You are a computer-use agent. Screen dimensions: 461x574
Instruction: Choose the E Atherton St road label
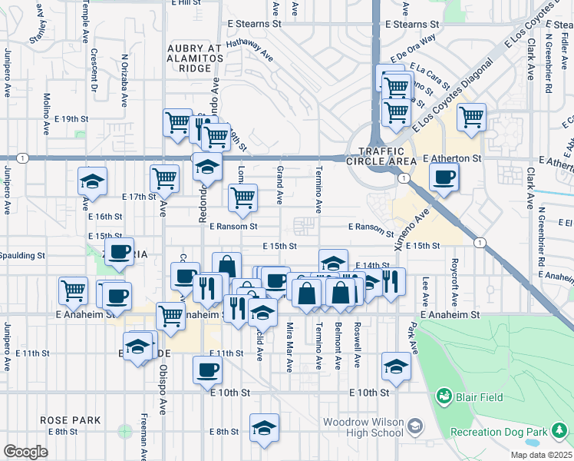[x=451, y=158]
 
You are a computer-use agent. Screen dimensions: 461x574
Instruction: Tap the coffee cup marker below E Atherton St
[x=444, y=179]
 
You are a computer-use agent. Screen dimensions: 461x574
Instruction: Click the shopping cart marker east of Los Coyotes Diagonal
[x=471, y=118]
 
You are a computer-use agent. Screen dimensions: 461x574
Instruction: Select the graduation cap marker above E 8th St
[x=263, y=428]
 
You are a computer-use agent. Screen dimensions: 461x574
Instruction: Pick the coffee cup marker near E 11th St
[x=207, y=371]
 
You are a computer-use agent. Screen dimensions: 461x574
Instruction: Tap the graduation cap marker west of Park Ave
[x=396, y=366]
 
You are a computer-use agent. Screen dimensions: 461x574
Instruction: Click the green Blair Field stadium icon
[x=443, y=396]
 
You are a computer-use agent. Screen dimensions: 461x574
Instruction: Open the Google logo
[x=25, y=452]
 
